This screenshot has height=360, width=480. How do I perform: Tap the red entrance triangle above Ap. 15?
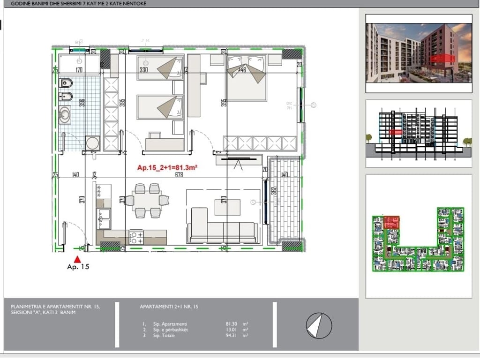[x=78, y=258]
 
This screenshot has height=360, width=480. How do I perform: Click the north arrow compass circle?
[x=319, y=324]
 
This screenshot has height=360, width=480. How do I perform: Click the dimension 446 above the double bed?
[x=242, y=70]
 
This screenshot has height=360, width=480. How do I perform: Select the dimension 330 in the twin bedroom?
[x=143, y=70]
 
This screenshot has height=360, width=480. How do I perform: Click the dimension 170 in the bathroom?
[x=79, y=70]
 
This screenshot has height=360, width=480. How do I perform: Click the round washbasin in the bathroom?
[x=64, y=115]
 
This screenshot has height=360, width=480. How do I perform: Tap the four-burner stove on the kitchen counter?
[x=136, y=237]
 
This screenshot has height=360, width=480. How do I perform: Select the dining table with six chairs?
[x=147, y=201]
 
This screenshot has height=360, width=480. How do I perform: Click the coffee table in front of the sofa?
[x=227, y=207]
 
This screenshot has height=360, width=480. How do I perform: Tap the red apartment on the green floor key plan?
[x=391, y=222]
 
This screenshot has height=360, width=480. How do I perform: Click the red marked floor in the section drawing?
[x=395, y=133]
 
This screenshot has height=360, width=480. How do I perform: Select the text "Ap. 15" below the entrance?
[x=78, y=267]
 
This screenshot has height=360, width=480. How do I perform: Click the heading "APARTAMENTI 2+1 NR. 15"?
[x=169, y=307]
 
